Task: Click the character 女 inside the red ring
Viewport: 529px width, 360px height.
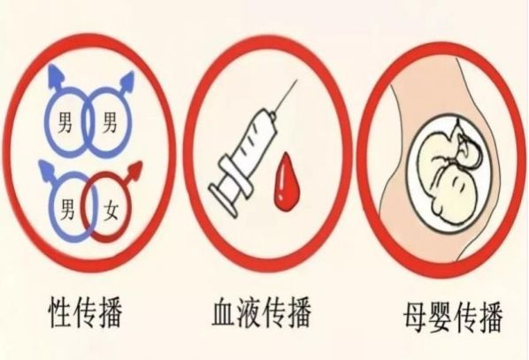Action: (111, 211)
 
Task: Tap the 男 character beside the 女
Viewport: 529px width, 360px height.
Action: (68, 209)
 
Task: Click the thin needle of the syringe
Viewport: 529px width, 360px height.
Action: (286, 96)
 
